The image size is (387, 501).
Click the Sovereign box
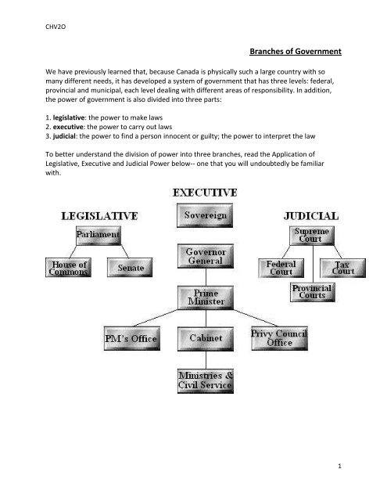[x=205, y=215]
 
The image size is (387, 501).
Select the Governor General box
[x=206, y=256]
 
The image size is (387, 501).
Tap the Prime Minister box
[x=206, y=297]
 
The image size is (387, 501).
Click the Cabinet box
[x=206, y=339]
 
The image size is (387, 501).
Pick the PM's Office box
[x=132, y=338]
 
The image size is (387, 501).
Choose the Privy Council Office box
[x=279, y=338]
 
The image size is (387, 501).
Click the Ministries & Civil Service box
[x=206, y=381]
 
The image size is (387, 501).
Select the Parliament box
[x=99, y=236]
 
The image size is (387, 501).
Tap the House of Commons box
[x=68, y=268]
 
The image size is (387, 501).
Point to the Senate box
[x=130, y=268]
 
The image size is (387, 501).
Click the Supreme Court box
[x=312, y=236]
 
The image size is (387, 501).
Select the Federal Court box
[x=281, y=268]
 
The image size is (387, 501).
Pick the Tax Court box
[x=343, y=268]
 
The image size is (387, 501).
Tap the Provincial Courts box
[x=313, y=292]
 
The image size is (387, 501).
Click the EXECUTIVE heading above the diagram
[x=205, y=193]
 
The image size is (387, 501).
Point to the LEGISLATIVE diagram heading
[x=99, y=216]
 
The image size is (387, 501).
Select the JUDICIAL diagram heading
[x=311, y=216]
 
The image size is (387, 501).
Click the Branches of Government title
[x=296, y=52]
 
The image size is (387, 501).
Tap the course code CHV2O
[x=56, y=27]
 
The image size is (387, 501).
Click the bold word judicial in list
[x=64, y=136]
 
